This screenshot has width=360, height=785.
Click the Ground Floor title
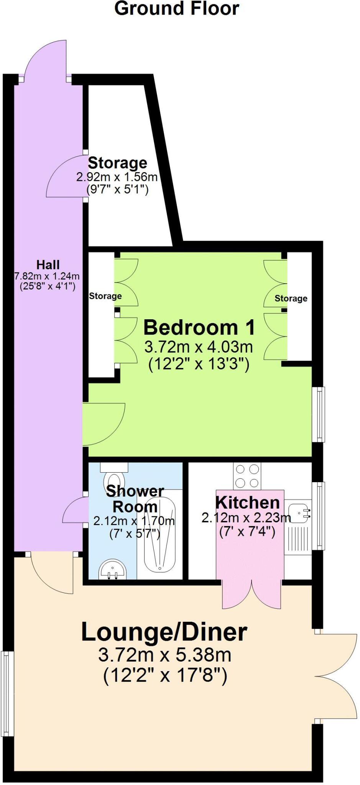point(177,8)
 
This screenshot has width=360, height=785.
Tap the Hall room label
point(48,265)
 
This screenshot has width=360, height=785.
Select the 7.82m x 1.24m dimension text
point(47,276)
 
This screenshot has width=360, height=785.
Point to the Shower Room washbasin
point(112,570)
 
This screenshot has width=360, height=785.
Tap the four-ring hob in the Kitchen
point(247,476)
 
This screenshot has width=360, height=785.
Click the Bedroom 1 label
point(199,328)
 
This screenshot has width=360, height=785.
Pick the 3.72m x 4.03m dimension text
point(199,347)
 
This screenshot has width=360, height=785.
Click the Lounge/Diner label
point(164,632)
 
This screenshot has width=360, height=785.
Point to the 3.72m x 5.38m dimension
point(165,655)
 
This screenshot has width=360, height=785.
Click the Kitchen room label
point(247,502)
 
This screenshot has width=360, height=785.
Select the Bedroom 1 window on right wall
point(319,414)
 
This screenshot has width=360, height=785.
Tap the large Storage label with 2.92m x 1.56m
point(117,163)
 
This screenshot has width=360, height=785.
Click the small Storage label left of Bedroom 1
point(105,296)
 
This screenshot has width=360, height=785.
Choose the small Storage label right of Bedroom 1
point(291,298)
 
